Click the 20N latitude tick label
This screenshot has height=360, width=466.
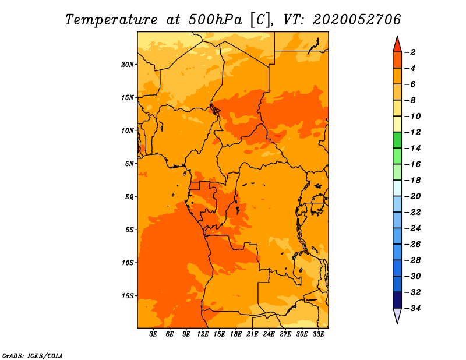pos(128,64)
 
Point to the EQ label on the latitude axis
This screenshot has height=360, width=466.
pos(129,196)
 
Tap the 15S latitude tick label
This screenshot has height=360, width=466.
pos(128,296)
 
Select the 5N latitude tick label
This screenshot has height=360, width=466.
pos(129,164)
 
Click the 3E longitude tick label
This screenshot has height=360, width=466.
pos(153,334)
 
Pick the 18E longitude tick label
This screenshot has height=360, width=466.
pos(236,334)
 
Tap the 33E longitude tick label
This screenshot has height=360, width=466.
pos(318,334)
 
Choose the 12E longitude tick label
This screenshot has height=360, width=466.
pos(203,334)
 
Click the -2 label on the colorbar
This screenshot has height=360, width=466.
pos(410,52)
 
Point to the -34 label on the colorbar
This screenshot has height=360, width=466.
pos(412,308)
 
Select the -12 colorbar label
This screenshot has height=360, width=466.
pos(412,132)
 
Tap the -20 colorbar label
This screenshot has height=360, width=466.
pos(412,196)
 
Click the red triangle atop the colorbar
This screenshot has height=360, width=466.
pos(397,45)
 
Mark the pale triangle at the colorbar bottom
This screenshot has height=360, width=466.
pos(397,315)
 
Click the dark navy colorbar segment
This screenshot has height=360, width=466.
pos(397,300)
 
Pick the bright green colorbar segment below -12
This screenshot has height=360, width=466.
pos(397,140)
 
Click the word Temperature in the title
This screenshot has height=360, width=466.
pos(111,20)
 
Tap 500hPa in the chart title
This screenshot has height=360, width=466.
pos(216,20)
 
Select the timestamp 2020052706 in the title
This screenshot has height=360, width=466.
pos(357,20)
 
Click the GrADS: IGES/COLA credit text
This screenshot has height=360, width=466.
pos(33,355)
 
